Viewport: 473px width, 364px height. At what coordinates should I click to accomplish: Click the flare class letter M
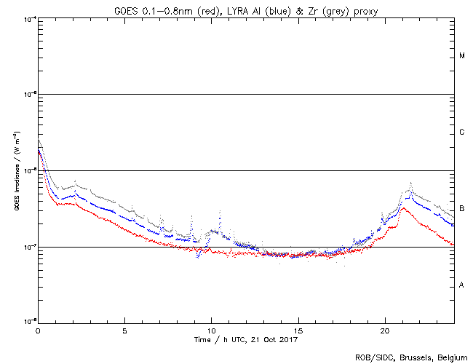(462, 56)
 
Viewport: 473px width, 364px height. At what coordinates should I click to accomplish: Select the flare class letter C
(462, 132)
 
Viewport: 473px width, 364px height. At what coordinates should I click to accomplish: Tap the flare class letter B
(462, 209)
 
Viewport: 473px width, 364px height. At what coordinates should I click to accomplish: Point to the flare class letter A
(462, 285)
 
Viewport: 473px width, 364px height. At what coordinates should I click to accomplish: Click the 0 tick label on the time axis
(38, 330)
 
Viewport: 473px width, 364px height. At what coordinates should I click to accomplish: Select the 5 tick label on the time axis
(124, 330)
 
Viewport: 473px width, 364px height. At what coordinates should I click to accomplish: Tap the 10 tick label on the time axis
(211, 330)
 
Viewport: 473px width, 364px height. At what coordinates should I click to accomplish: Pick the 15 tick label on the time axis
(298, 330)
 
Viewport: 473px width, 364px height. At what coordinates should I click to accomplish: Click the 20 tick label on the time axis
(384, 330)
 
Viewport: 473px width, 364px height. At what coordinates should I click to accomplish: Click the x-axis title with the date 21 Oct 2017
(246, 339)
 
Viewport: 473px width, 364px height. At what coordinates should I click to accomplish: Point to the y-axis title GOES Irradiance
(15, 170)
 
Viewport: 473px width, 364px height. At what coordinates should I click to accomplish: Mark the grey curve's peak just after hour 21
(411, 183)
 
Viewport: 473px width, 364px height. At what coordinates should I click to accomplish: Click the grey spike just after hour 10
(220, 210)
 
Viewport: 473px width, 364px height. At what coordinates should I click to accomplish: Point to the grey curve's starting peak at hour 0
(40, 141)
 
